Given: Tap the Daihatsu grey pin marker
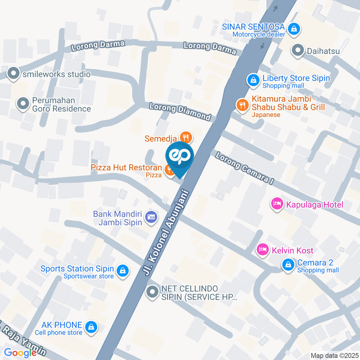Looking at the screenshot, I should (x=298, y=50).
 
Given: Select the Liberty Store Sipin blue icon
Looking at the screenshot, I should (x=253, y=79).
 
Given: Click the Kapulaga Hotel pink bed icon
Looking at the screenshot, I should (x=277, y=204).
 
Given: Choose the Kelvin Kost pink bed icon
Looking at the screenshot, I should (x=262, y=249).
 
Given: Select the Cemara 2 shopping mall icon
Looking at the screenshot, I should (x=288, y=264).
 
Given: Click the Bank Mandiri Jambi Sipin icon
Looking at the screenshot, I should (x=151, y=217).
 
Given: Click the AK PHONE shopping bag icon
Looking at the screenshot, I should (x=91, y=327).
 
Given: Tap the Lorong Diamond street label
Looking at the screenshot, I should (x=180, y=111).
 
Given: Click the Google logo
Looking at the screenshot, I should (x=19, y=352).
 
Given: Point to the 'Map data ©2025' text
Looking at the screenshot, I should (x=334, y=355).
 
